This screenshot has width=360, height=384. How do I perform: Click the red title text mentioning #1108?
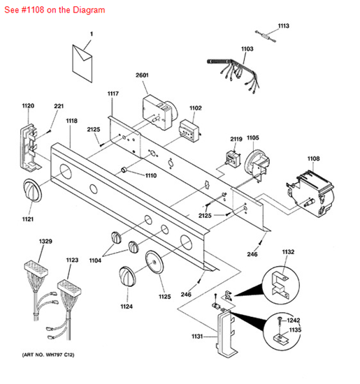[x=54, y=10]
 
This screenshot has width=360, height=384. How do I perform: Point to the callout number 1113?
[x=283, y=26]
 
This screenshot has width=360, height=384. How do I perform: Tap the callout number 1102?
[x=195, y=108]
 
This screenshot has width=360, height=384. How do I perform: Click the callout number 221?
[x=59, y=106]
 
